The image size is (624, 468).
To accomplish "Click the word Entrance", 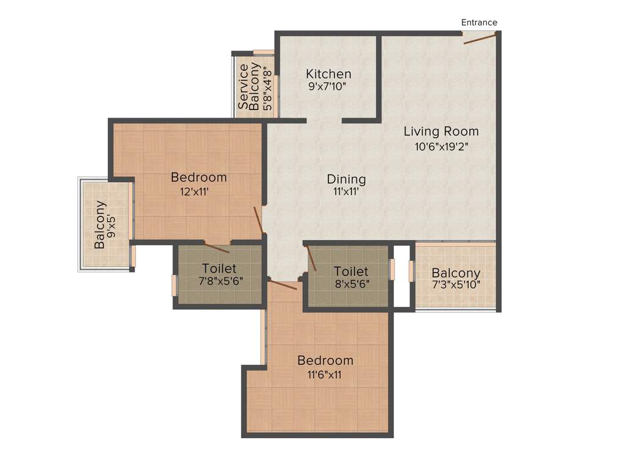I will point(479,23).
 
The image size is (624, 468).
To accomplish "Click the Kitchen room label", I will point(328,74).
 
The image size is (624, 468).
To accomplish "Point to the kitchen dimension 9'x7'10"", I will point(328,87).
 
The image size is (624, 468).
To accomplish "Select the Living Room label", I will point(441,131).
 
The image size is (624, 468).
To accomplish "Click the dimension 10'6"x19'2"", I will point(441,146).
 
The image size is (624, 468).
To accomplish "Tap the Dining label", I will point(346,179).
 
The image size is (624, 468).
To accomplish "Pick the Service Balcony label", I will point(249,87).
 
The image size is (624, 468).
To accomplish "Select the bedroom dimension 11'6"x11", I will point(325,375).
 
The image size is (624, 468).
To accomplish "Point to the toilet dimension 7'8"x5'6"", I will point(219,282).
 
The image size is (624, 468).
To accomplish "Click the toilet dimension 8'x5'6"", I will point(351,284).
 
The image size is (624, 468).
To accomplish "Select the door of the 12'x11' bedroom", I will point(258,220).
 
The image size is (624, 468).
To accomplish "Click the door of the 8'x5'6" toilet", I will point(310,258).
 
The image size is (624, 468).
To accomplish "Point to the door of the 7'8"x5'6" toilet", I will point(217,247).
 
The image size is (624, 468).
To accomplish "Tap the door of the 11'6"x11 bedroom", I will point(283,285).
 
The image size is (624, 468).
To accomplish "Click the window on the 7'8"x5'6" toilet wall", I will point(174,285).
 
